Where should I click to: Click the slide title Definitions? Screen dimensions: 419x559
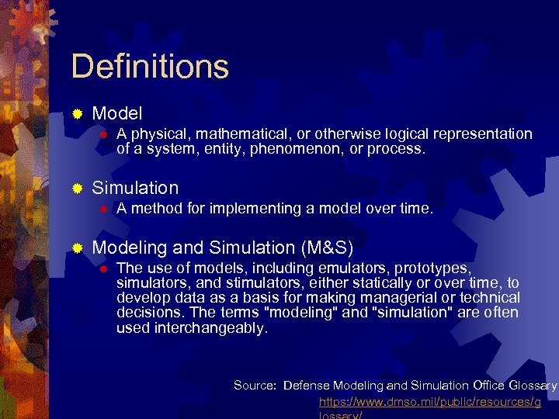150,67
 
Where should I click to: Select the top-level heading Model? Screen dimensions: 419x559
116,113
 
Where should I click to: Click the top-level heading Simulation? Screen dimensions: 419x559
135,188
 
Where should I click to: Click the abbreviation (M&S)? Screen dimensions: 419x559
326,248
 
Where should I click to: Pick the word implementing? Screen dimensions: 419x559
231,208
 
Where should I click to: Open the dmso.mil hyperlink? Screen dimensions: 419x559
430,402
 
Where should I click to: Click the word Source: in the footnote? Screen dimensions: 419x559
255,386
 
